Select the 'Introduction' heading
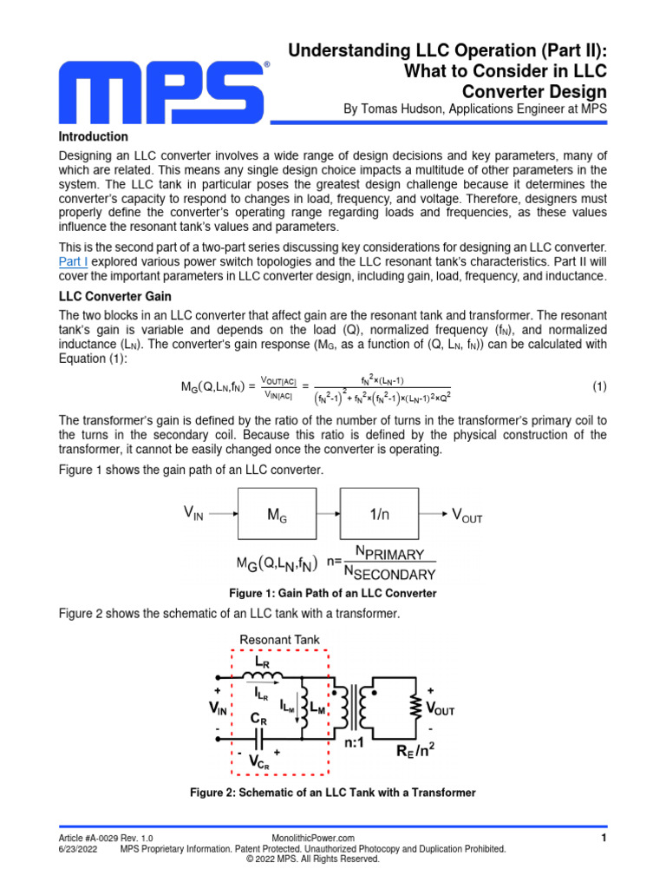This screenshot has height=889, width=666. point(93,137)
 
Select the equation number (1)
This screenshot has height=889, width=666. point(599,385)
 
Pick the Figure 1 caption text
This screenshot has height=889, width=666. point(332,593)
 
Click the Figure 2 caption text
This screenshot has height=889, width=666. point(332,793)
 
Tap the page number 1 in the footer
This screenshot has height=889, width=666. point(603,838)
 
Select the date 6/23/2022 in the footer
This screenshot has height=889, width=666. point(77,849)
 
